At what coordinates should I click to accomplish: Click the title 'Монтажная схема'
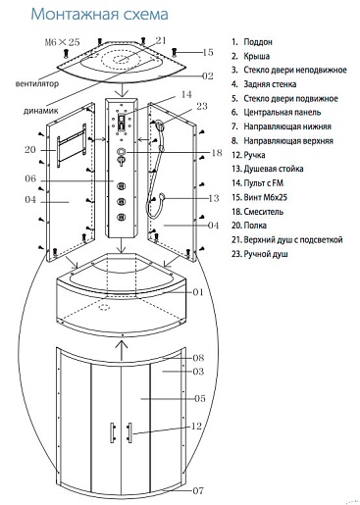pos(100,15)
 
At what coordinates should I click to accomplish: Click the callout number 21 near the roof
pos(161,40)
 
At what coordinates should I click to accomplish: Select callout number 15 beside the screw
pos(208,52)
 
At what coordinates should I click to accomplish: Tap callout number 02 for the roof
pos(208,76)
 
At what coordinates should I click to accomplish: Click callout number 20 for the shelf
pos(29,150)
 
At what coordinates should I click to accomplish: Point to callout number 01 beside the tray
pos(198,292)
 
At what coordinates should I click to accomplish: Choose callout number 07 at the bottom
pos(198,490)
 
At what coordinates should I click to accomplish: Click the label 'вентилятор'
pos(37,83)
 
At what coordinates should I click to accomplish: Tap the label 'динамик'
pos(41,111)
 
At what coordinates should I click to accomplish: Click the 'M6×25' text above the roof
pos(62,42)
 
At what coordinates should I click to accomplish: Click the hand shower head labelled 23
pos(159,124)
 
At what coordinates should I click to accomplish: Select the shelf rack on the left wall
pos(72,145)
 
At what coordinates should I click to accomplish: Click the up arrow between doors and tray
pos(122,350)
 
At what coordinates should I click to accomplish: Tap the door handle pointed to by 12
pos(129,432)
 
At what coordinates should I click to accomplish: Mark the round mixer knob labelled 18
pos(122,152)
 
